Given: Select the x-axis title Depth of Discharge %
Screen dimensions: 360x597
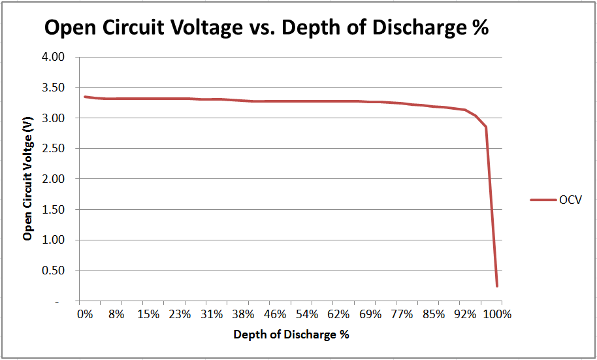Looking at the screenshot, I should pos(291,335).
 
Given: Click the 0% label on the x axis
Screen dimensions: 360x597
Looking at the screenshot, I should pos(85,314).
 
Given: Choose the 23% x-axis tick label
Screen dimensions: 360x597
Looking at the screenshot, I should pos(180,314).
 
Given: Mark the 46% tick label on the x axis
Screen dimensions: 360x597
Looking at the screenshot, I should pos(275,314).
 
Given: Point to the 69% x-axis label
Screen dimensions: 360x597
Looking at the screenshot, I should pos(370,314).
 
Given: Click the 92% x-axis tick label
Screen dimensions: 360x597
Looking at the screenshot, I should pos(465,314).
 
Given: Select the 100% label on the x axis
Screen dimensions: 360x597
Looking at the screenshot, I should pos(497,314).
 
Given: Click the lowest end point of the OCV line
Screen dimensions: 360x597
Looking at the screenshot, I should pos(497,286).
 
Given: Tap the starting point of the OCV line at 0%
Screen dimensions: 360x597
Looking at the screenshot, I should pos(85,97).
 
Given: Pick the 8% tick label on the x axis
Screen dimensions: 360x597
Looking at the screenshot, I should pos(116,314).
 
